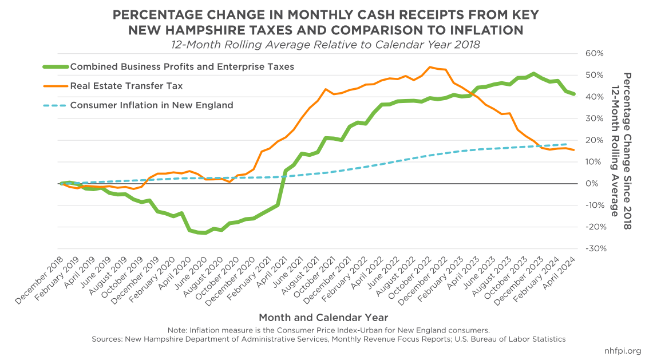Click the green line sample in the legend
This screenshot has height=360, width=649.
coord(55,66)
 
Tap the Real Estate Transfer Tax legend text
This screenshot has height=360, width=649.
coord(126,86)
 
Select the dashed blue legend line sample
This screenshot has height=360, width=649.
coord(55,105)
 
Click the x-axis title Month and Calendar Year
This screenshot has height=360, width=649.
coord(323,317)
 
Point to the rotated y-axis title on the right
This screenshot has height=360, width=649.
coord(621,151)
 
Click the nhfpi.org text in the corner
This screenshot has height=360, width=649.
coord(622,351)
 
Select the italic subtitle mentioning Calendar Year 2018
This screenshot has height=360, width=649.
coord(323,43)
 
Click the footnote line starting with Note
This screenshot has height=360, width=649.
coord(329,330)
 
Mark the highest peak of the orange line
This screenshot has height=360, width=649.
coord(430,67)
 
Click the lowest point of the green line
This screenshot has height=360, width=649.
coord(205,233)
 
